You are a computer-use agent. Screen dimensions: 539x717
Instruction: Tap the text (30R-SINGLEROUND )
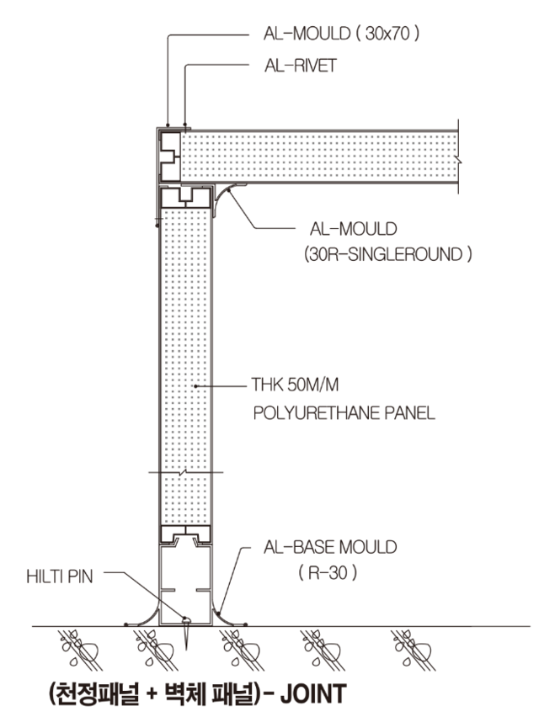pos(387,252)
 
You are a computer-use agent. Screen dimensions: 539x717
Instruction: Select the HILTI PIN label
pos(63,578)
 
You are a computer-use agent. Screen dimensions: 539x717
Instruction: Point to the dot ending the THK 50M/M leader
pos(195,386)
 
